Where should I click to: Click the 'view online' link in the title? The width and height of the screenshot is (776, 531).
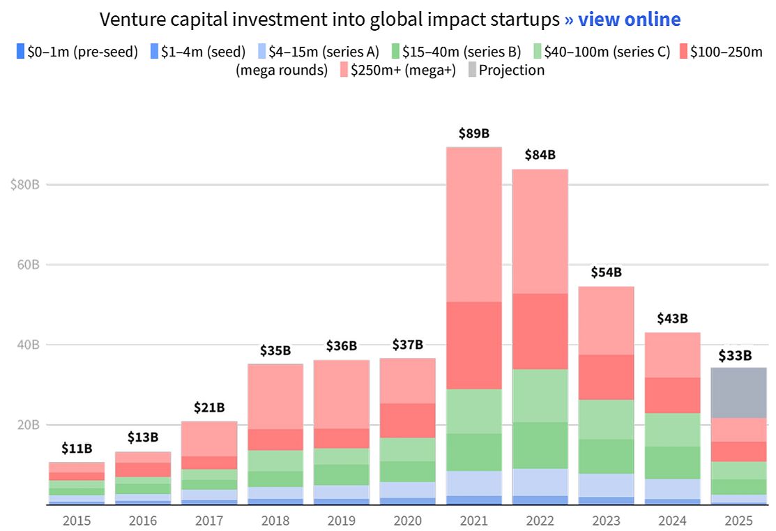pyautogui.click(x=622, y=20)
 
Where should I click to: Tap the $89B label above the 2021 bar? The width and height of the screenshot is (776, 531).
pyautogui.click(x=473, y=134)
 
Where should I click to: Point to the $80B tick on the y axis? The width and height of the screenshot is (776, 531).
pyautogui.click(x=24, y=185)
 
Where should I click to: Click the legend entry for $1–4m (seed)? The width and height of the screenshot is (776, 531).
pyautogui.click(x=197, y=52)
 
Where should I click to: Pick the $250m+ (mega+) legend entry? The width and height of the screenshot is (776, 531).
pyautogui.click(x=397, y=70)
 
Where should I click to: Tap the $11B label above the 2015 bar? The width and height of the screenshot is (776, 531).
pyautogui.click(x=77, y=448)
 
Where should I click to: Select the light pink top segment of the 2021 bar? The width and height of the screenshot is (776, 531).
pyautogui.click(x=473, y=224)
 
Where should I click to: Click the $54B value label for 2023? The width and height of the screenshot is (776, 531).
pyautogui.click(x=606, y=272)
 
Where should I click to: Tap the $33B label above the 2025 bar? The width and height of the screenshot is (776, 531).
pyautogui.click(x=735, y=356)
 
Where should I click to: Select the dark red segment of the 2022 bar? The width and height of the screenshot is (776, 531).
pyautogui.click(x=540, y=331)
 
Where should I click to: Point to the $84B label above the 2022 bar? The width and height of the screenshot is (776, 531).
pyautogui.click(x=540, y=155)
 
